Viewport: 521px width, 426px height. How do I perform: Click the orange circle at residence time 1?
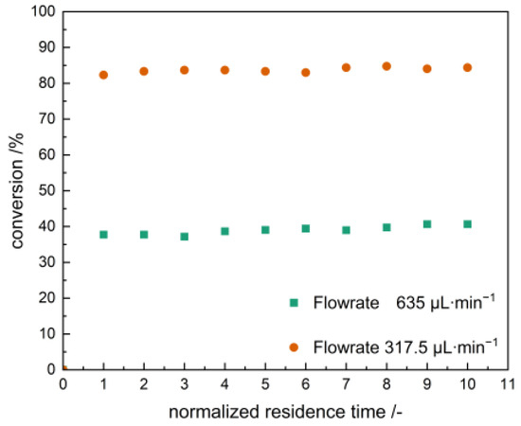[x=103, y=75]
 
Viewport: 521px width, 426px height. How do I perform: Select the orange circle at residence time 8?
[x=386, y=66]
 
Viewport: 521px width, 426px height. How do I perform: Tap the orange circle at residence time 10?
[x=467, y=67]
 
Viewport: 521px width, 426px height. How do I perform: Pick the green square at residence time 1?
[x=103, y=234]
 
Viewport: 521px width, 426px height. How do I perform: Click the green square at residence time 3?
[x=184, y=237]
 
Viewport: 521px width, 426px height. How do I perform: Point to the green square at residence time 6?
[x=305, y=228]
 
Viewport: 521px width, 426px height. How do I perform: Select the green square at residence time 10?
[x=467, y=224]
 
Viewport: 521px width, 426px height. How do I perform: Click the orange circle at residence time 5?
[x=265, y=71]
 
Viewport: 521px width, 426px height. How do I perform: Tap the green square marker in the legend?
[x=294, y=303]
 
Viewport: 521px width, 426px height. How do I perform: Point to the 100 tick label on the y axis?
[x=42, y=11]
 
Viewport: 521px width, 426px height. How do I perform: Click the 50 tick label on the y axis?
[x=45, y=190]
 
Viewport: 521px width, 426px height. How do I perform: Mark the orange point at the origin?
[x=63, y=369]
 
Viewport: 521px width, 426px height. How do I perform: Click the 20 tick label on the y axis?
[x=45, y=297]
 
